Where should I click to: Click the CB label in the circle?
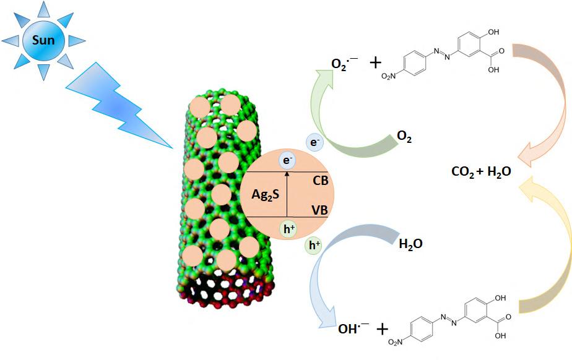(x=321, y=181)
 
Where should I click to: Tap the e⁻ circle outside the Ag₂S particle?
(x=315, y=144)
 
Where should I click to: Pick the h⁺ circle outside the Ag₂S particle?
(x=314, y=246)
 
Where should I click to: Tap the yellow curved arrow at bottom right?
(x=545, y=247)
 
